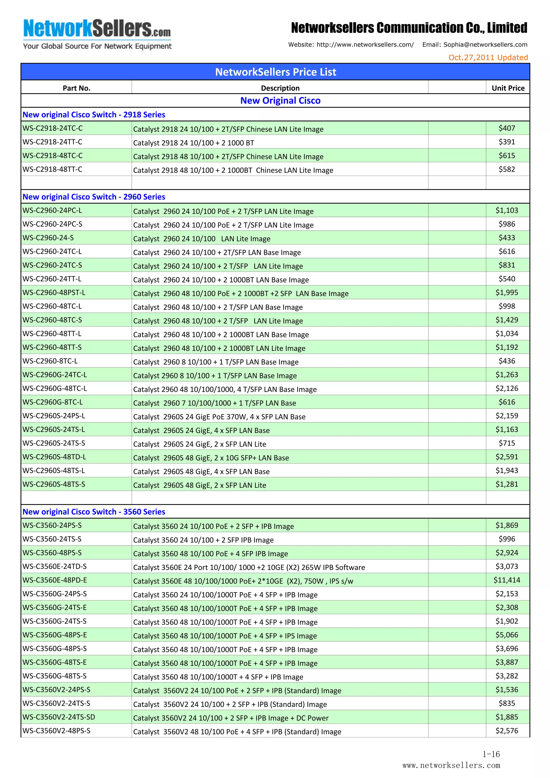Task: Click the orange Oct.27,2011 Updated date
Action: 488,57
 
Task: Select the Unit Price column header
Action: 508,88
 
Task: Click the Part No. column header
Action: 77,88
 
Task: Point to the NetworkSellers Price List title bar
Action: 275,72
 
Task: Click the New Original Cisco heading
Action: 280,101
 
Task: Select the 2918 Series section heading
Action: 94,114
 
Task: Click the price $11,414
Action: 506,580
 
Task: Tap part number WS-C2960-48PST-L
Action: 54,292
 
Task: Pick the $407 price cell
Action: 506,128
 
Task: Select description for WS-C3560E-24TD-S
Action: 249,567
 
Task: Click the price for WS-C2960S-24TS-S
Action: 506,443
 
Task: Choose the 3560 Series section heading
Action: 94,512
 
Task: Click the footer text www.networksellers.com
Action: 451,765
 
